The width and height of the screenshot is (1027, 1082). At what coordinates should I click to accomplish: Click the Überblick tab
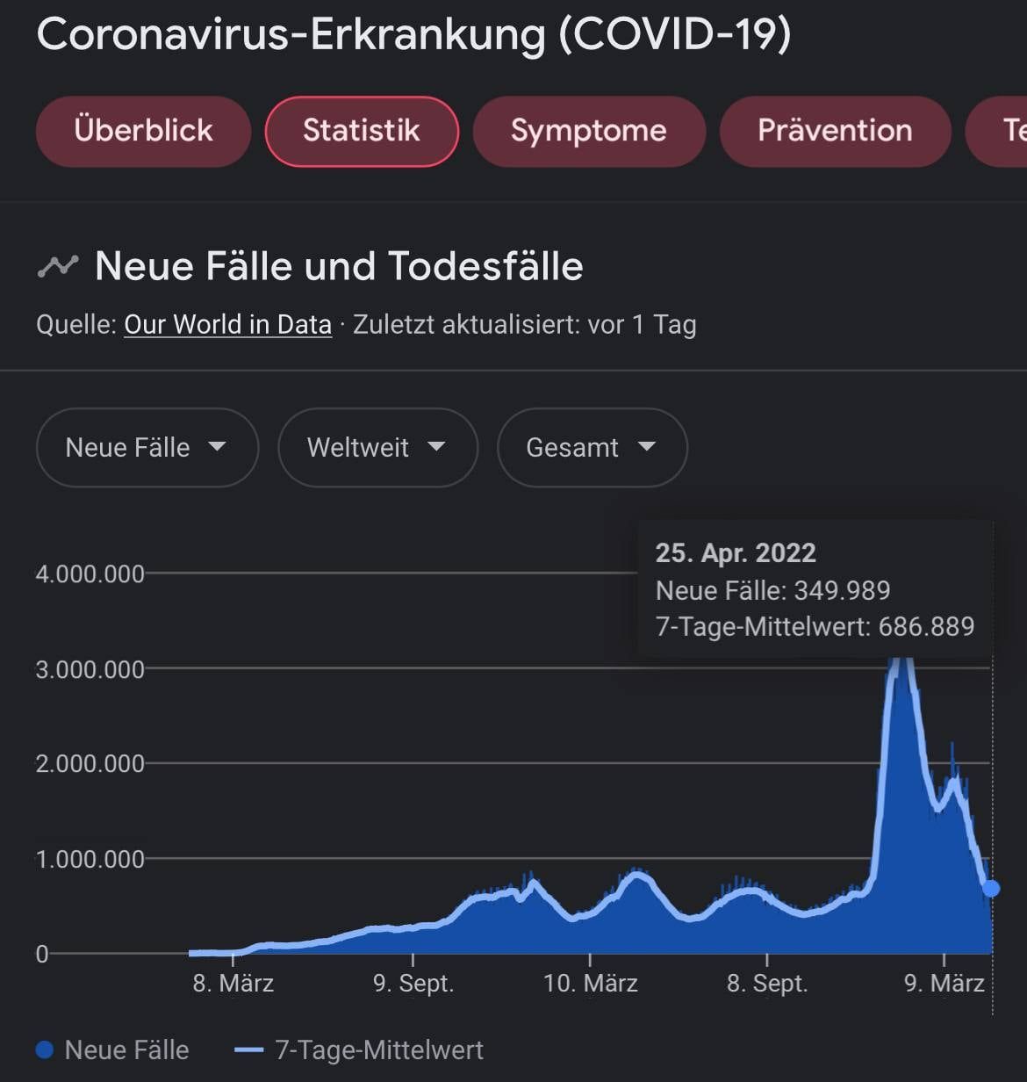[x=143, y=131]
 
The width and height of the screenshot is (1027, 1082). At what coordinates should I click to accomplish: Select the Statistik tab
[x=362, y=131]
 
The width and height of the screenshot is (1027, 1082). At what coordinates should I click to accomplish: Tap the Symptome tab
[x=588, y=131]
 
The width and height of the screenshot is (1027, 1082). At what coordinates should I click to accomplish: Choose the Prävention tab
[x=835, y=131]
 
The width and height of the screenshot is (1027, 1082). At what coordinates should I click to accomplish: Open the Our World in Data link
[x=227, y=325]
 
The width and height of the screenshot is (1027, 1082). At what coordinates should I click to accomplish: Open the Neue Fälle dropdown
[x=147, y=447]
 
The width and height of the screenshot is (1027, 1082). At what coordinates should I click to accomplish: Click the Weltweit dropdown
[x=377, y=447]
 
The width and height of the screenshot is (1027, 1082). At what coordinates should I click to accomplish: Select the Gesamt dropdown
[x=592, y=447]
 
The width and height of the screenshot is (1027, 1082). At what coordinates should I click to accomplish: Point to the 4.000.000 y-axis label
[x=90, y=574]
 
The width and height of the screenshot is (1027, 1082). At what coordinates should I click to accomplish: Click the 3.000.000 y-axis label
[x=90, y=669]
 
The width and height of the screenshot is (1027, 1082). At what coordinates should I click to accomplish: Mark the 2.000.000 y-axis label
[x=90, y=763]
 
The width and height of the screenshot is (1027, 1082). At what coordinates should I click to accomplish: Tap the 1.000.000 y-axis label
[x=90, y=859]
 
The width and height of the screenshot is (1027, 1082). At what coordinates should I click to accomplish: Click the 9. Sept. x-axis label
[x=413, y=983]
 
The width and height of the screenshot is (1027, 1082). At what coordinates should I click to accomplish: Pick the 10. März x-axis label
[x=590, y=983]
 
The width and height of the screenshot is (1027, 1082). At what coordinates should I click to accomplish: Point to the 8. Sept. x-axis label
[x=766, y=983]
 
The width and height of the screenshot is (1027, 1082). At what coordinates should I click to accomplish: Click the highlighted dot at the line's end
[x=991, y=889]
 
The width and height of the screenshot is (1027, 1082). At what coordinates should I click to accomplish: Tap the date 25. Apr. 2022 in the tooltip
[x=736, y=553]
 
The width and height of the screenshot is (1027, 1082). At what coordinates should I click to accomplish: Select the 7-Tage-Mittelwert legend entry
[x=360, y=1050]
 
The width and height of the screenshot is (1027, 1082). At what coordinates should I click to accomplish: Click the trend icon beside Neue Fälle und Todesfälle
[x=58, y=266]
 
